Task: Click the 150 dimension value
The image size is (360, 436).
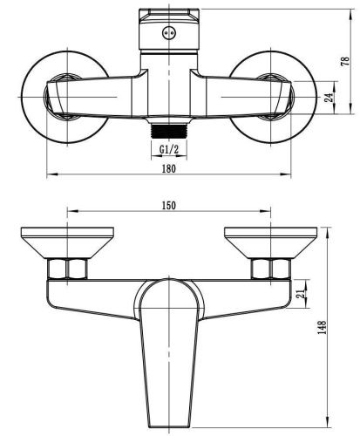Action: pos(169,205)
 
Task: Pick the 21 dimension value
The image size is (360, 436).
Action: pos(301,293)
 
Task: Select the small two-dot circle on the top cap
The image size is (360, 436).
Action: pos(167,31)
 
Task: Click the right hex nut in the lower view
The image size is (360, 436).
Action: pos(262,269)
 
